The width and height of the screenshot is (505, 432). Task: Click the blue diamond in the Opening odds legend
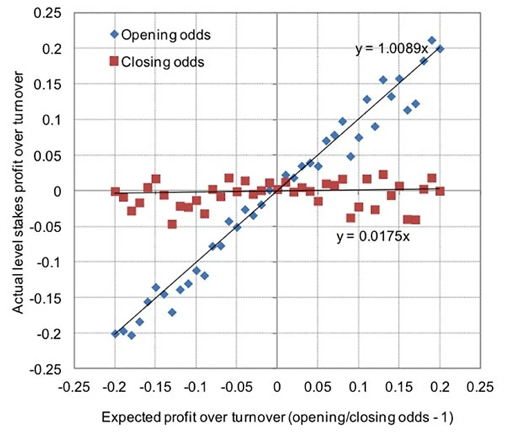pyautogui.click(x=113, y=33)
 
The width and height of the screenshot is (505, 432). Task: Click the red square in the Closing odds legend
pyautogui.click(x=113, y=62)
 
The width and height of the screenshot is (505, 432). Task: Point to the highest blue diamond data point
pyautogui.click(x=432, y=41)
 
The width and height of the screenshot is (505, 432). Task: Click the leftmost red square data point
pyautogui.click(x=115, y=191)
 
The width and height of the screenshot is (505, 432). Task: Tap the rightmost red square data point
pyautogui.click(x=439, y=191)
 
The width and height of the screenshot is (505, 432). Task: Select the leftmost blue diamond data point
pyautogui.click(x=115, y=333)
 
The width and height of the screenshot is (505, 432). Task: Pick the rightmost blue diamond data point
pyautogui.click(x=440, y=49)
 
